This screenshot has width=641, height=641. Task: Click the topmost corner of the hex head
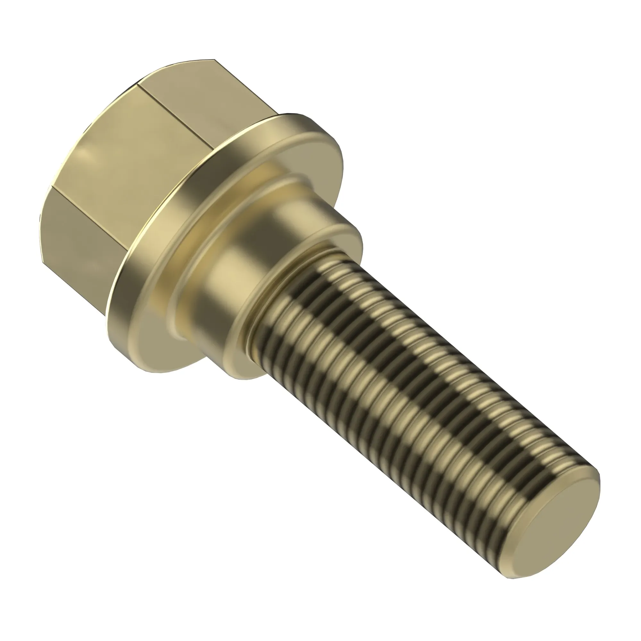coord(214,60)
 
